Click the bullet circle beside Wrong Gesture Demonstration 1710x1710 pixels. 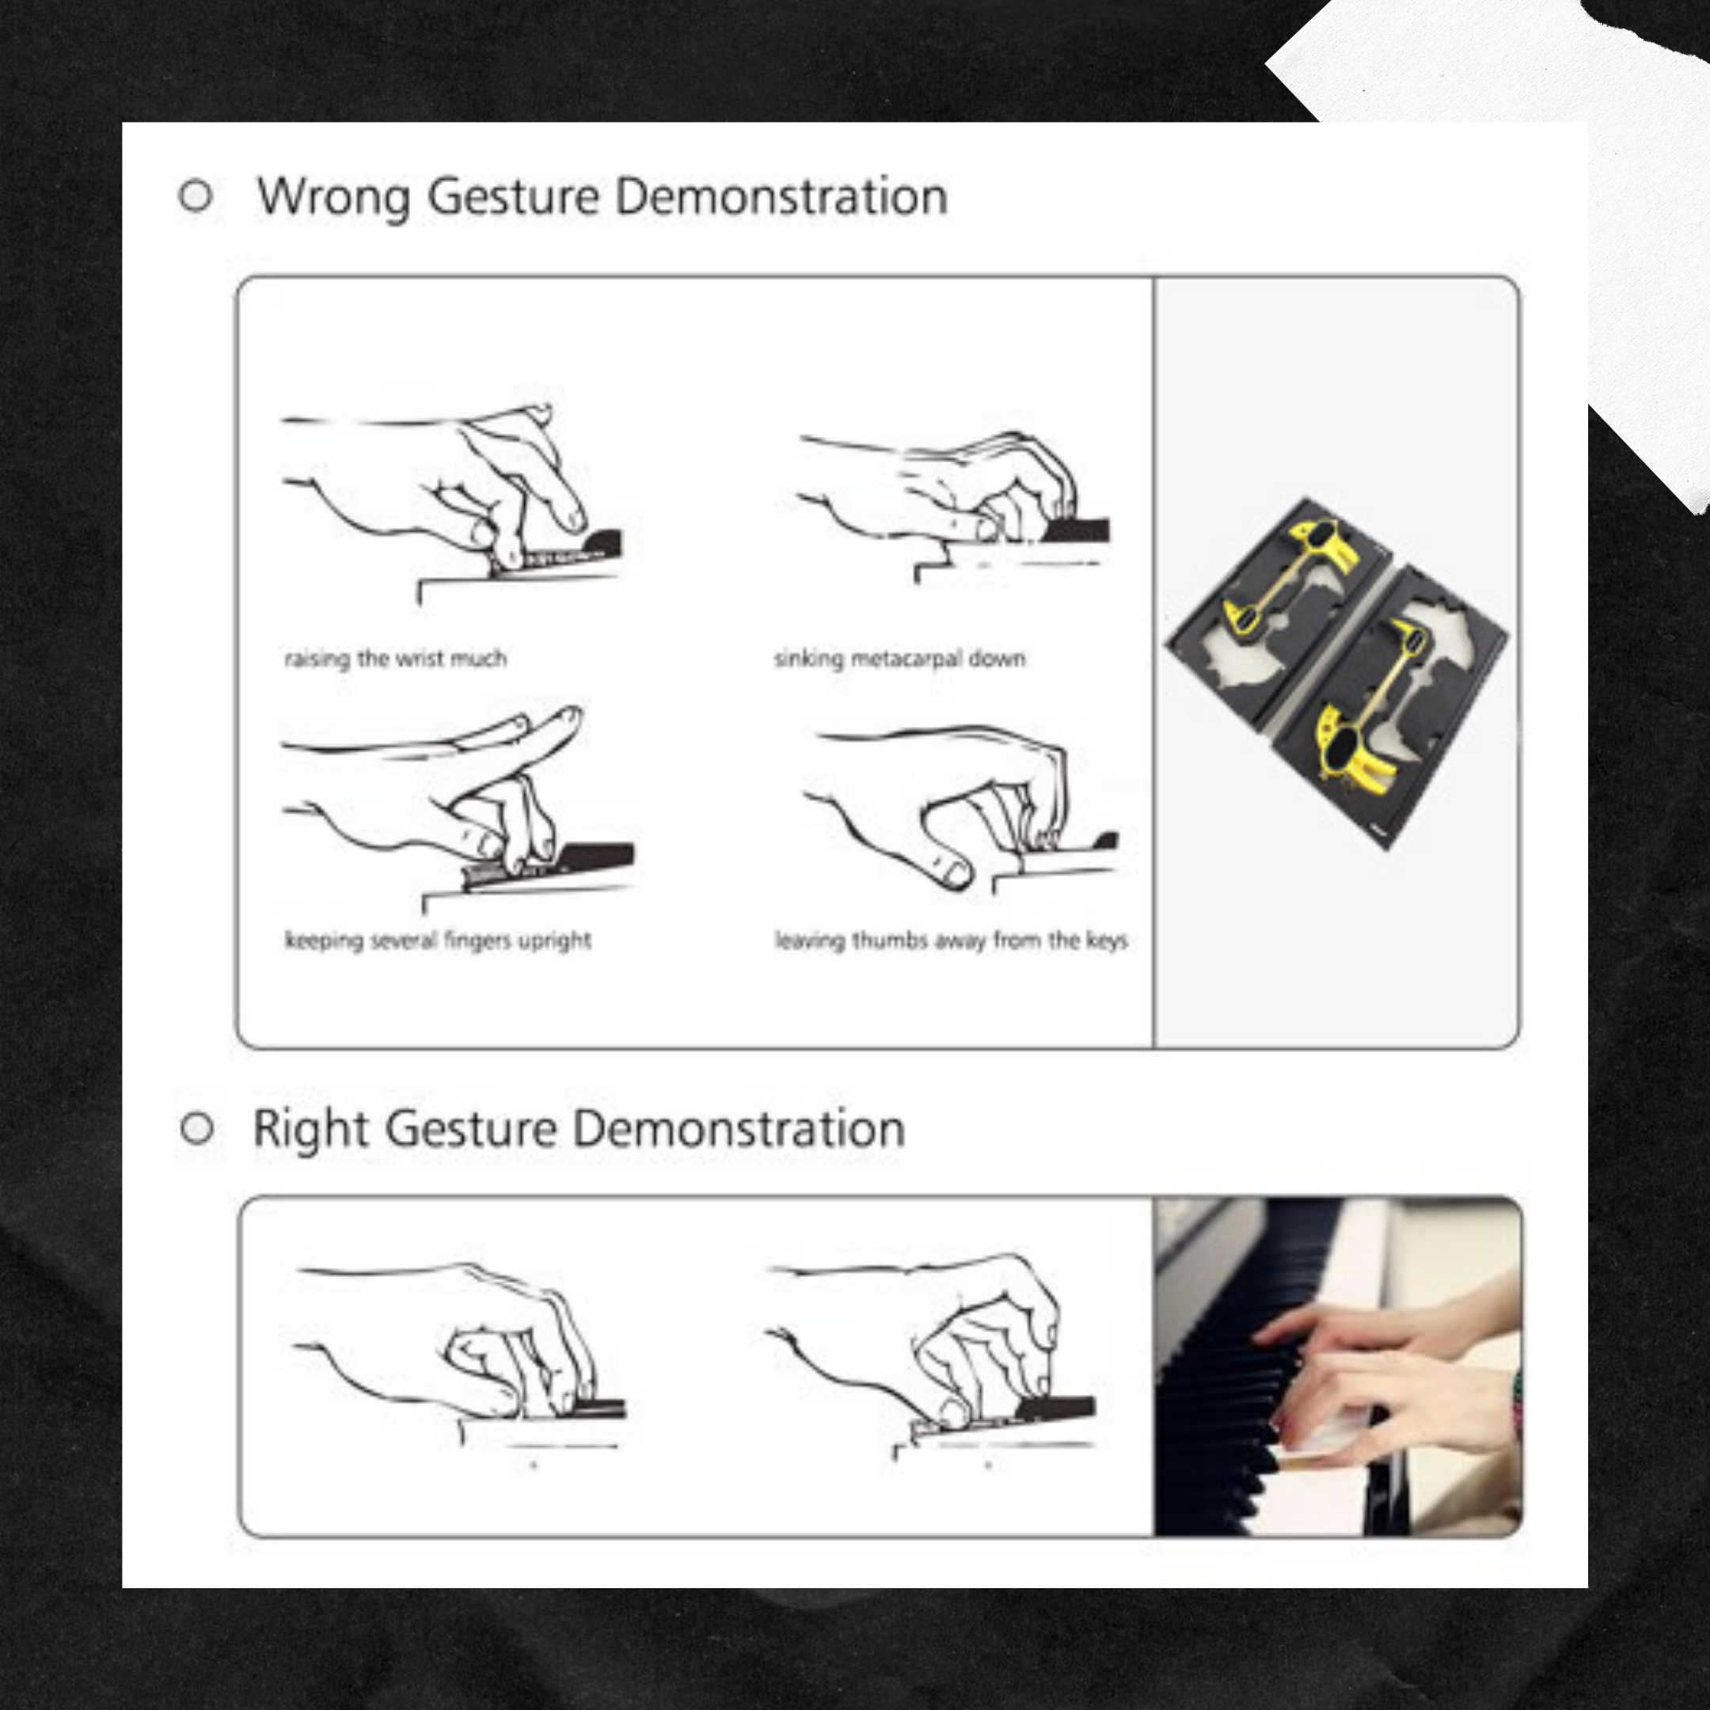coord(196,196)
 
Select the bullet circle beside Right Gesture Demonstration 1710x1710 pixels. coord(196,1128)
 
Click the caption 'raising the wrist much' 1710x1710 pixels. coord(395,659)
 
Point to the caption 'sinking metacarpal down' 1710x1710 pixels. coord(899,659)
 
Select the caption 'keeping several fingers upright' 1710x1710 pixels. coord(437,940)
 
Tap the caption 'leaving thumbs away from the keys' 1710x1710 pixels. coord(951,940)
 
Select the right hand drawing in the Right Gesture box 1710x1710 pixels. coord(938,1345)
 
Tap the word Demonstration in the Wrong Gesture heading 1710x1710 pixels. coord(781,196)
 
